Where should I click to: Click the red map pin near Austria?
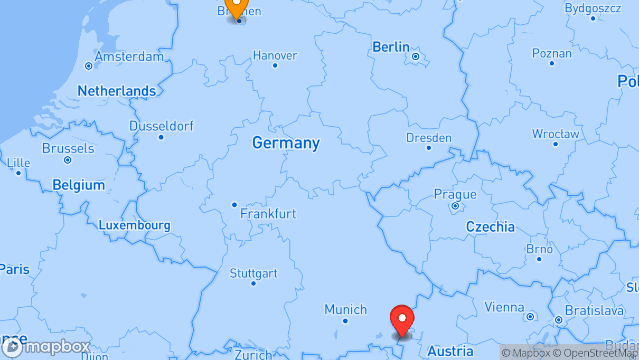pyautogui.click(x=402, y=319)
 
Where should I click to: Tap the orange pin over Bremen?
pyautogui.click(x=236, y=5)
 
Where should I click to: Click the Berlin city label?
pyautogui.click(x=391, y=47)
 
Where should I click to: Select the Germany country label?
pyautogui.click(x=286, y=143)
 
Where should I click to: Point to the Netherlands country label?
pyautogui.click(x=117, y=91)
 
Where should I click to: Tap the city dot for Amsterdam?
pyautogui.click(x=89, y=66)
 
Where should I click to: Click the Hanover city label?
pyautogui.click(x=275, y=55)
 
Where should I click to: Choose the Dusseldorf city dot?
pyautogui.click(x=161, y=137)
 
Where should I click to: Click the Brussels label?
pyautogui.click(x=68, y=148)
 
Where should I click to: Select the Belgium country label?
pyautogui.click(x=79, y=185)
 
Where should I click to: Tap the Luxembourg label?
pyautogui.click(x=134, y=225)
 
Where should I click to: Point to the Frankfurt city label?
pyautogui.click(x=268, y=214)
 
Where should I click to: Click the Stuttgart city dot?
pyautogui.click(x=253, y=283)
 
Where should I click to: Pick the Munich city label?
pyautogui.click(x=345, y=309)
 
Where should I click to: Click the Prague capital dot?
pyautogui.click(x=455, y=206)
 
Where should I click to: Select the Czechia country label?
pyautogui.click(x=490, y=227)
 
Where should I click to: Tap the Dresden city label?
pyautogui.click(x=429, y=138)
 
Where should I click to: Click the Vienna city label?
pyautogui.click(x=504, y=307)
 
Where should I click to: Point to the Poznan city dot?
pyautogui.click(x=552, y=63)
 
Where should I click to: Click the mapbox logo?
pyautogui.click(x=46, y=347)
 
